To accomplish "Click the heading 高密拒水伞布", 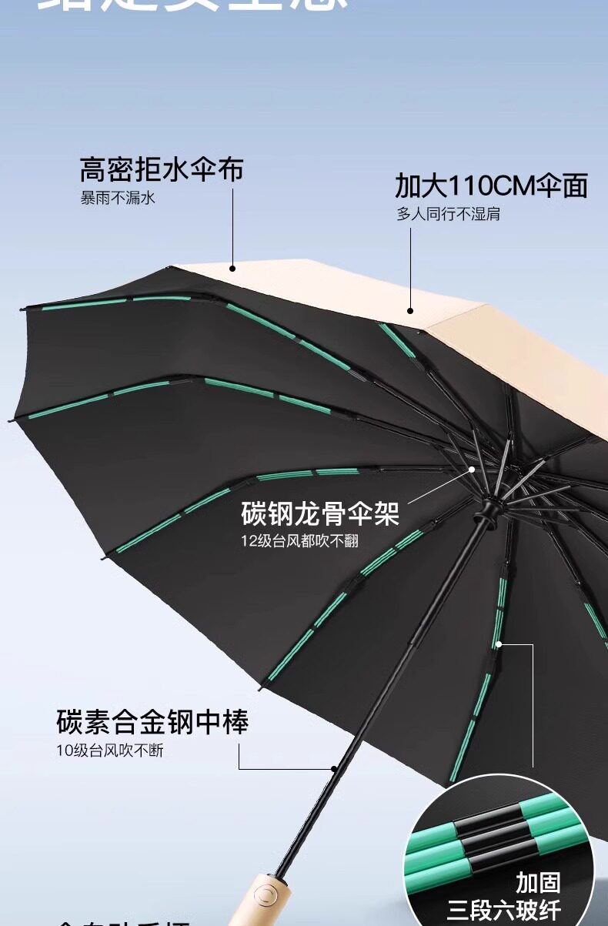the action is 161,169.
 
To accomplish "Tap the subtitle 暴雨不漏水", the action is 118,198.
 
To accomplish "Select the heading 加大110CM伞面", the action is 491,186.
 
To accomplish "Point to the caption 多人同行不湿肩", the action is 448,214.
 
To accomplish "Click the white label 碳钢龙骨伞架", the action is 320,513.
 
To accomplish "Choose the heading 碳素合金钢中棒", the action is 152,723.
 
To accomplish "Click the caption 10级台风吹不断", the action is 109,750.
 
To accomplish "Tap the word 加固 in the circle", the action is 538,882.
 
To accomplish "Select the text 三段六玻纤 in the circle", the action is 504,909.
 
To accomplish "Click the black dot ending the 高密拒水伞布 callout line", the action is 232,268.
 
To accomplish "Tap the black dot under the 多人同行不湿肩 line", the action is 410,312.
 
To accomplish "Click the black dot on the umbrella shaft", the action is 334,768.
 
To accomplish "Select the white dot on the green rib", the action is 498,644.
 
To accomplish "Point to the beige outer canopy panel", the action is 523,354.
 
